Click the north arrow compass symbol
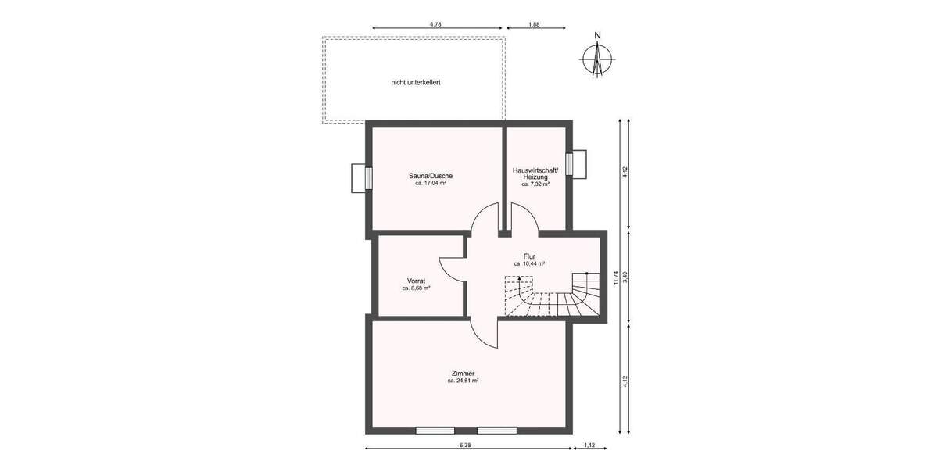[597, 59]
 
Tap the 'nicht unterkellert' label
[416, 81]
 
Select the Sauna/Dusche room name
[431, 176]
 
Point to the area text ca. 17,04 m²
[431, 184]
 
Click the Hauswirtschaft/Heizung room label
[535, 174]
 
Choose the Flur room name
[529, 256]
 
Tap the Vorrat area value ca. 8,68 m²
[416, 288]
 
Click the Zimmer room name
[463, 373]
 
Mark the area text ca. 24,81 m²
[463, 381]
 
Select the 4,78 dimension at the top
[436, 24]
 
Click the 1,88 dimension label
[534, 24]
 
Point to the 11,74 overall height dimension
[616, 277]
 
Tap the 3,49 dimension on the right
[625, 276]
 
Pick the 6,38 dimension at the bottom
[465, 445]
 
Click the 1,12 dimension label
[589, 445]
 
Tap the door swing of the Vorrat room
[453, 270]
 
